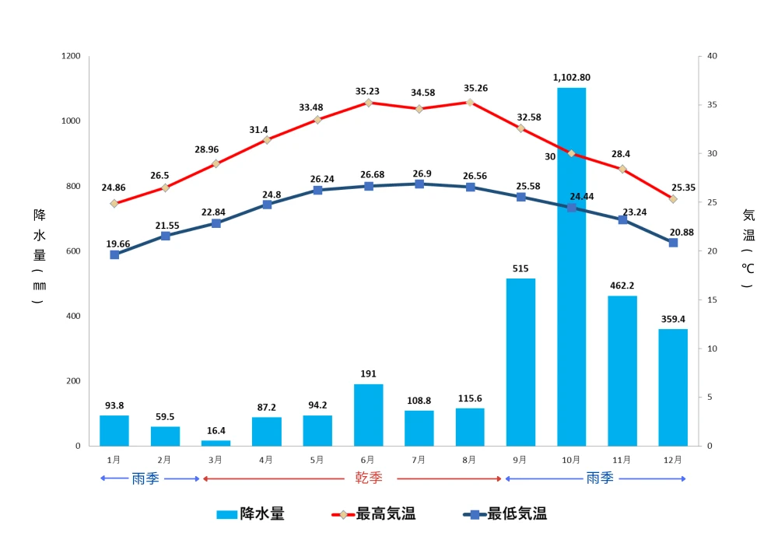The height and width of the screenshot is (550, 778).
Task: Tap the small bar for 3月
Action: click(x=216, y=443)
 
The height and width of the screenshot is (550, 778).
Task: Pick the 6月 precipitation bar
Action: click(x=368, y=415)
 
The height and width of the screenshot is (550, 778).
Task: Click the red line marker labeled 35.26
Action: click(x=470, y=102)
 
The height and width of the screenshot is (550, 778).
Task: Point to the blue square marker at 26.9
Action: click(x=419, y=184)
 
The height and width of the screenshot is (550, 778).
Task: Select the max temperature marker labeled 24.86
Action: click(x=114, y=204)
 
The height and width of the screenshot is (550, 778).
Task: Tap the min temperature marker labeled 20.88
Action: click(x=673, y=243)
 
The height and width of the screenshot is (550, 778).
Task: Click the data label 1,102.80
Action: click(x=572, y=77)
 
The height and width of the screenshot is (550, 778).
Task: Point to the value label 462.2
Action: click(x=622, y=286)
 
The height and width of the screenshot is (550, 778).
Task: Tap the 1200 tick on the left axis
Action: click(x=71, y=57)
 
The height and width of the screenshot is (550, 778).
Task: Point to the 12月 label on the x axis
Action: click(x=673, y=460)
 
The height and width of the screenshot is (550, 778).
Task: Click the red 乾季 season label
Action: click(x=369, y=478)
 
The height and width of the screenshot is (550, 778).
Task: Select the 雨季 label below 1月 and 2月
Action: click(x=145, y=478)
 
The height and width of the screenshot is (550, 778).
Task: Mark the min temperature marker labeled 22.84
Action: click(x=216, y=223)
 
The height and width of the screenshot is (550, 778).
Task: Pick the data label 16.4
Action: click(x=216, y=430)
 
